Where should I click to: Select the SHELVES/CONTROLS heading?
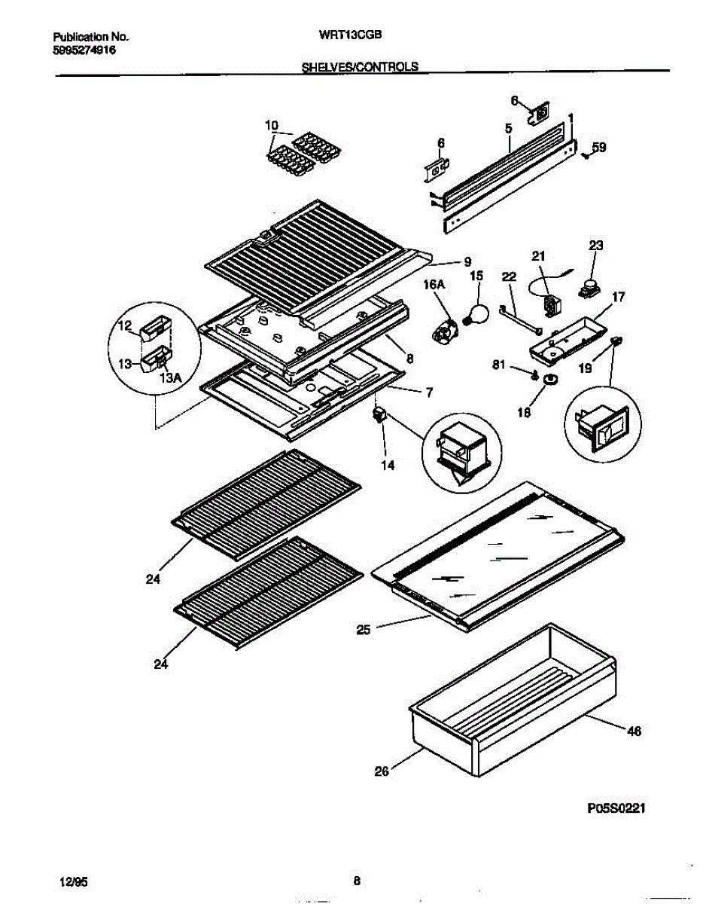point(359,66)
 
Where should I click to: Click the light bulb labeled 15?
point(476,312)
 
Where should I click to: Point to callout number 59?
point(599,148)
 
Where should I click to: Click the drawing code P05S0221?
point(616,808)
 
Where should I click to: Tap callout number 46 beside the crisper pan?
point(634,731)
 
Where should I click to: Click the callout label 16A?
point(434,284)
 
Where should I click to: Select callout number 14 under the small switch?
point(387,466)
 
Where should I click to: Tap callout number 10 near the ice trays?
point(272,124)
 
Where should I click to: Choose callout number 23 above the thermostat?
point(596,245)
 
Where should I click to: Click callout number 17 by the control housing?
point(617,297)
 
